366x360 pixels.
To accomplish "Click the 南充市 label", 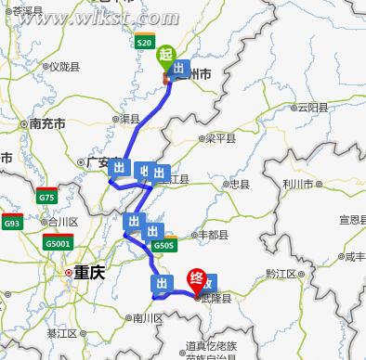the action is coord(46,122).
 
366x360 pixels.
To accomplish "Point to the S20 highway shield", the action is coord(144,43).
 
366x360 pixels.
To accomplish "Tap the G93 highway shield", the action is coord(12,224).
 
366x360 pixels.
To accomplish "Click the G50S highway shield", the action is coord(164,246).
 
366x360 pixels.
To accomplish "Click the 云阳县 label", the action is coord(312,108).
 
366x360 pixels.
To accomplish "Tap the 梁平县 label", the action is coord(220,138).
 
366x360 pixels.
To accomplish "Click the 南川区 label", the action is coord(146,317).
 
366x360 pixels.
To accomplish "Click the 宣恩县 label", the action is coord(352,220).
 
